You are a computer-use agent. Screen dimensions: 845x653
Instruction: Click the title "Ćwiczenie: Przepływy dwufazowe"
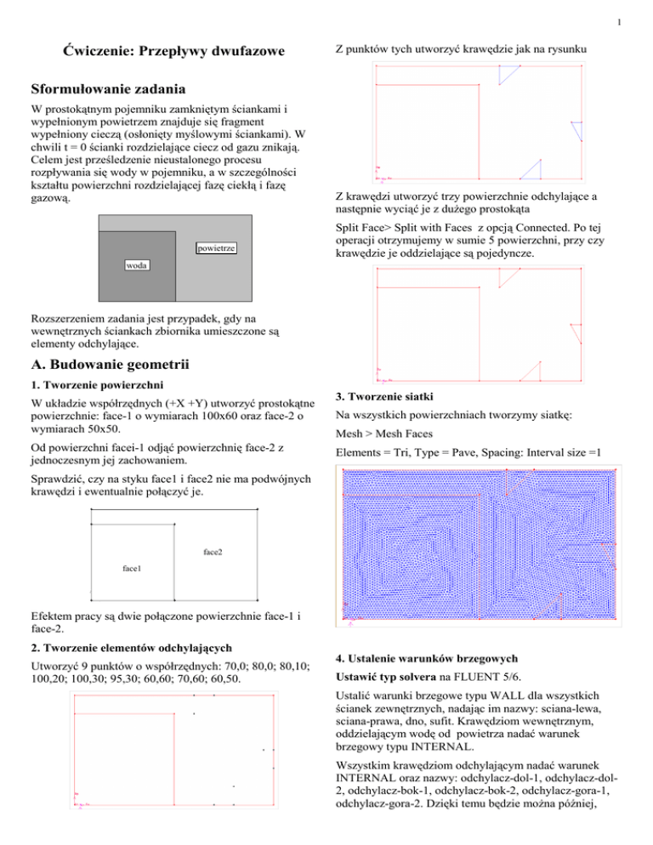point(168,52)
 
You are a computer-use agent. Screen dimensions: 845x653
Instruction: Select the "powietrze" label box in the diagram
point(216,248)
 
